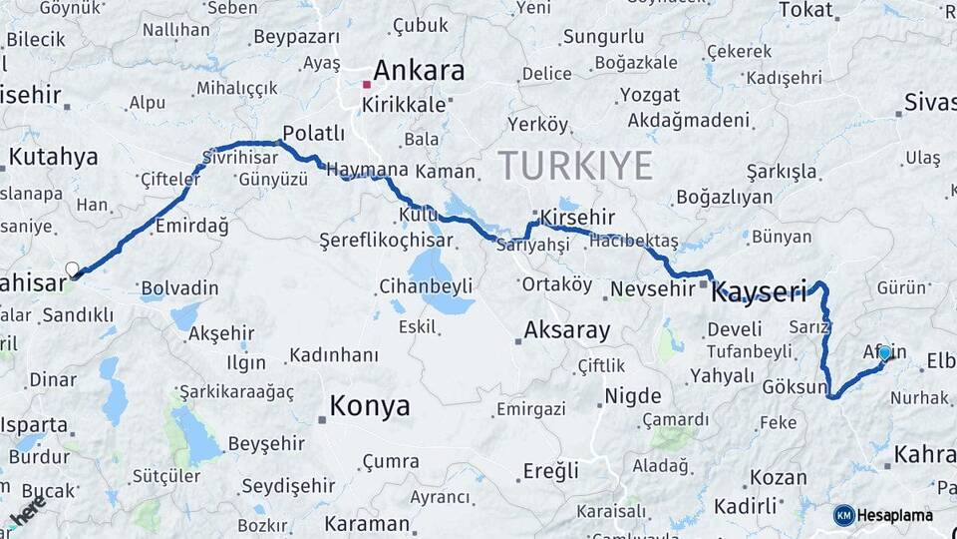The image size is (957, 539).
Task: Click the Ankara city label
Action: (419, 71)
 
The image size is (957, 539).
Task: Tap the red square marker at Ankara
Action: (367, 85)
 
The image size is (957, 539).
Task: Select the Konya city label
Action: (370, 406)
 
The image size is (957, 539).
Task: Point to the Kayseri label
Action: (758, 292)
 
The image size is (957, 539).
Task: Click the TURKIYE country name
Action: (575, 165)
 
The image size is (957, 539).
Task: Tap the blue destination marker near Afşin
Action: (884, 352)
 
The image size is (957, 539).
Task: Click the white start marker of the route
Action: (72, 269)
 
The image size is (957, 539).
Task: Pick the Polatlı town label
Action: (313, 133)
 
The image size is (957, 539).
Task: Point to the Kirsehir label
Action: (577, 218)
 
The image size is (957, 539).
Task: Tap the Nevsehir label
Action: (651, 288)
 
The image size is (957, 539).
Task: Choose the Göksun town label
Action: (795, 386)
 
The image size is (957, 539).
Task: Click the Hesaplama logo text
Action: (895, 515)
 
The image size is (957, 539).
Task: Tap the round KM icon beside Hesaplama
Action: (844, 515)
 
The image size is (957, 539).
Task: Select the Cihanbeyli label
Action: (426, 286)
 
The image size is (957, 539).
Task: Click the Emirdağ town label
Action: (192, 227)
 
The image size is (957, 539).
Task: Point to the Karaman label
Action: (366, 523)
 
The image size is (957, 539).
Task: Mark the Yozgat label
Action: (649, 95)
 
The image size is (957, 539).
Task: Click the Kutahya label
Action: (54, 157)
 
